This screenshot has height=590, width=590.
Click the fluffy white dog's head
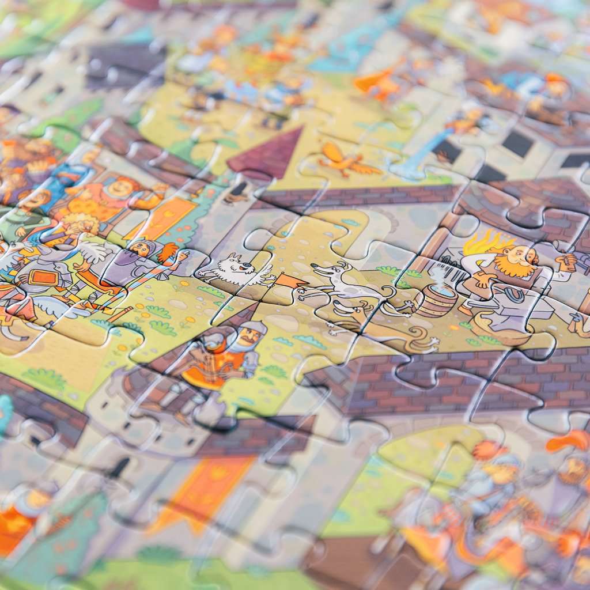240,266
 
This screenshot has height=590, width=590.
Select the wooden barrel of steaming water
436,300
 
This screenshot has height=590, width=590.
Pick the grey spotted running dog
340,282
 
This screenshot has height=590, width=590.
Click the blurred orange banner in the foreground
202,490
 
